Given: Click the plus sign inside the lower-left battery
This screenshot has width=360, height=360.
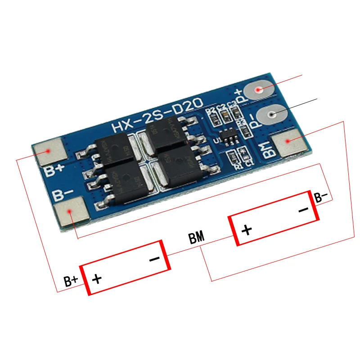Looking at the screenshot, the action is (97, 279).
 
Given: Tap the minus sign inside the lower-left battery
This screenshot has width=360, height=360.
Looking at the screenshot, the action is (154, 259).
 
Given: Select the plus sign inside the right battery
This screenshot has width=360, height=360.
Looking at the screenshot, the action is (247, 230).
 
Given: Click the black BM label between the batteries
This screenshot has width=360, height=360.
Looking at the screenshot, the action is (196, 238).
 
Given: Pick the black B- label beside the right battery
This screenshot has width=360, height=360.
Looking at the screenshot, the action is (321, 197).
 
